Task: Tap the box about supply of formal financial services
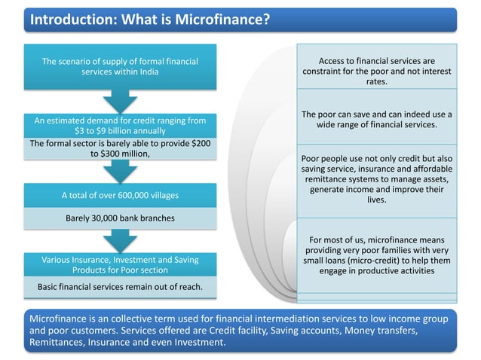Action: click(120, 67)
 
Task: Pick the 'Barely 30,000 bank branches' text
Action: click(120, 219)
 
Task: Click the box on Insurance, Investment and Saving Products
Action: click(120, 264)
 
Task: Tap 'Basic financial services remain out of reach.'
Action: click(120, 287)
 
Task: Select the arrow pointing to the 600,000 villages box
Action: click(120, 172)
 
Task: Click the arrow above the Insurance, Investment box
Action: click(120, 242)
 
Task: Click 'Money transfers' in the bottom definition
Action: click(385, 331)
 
